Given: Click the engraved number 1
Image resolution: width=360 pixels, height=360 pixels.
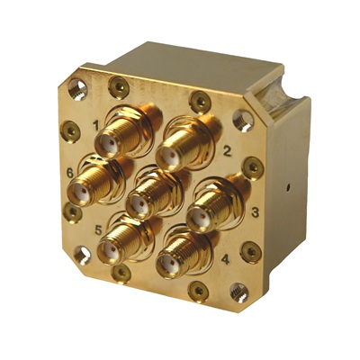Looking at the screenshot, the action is point(96,125).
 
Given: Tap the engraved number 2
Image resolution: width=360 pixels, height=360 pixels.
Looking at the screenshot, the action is point(227,151).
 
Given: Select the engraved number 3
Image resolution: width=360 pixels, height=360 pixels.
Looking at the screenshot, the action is point(255,212).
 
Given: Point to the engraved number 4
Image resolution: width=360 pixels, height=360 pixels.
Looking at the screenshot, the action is point(225,259).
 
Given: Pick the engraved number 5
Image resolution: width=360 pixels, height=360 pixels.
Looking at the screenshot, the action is point(99,230).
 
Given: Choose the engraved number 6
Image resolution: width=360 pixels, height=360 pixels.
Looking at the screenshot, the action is point(69,173).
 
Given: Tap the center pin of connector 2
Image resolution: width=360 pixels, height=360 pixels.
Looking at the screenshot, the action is point(172,156).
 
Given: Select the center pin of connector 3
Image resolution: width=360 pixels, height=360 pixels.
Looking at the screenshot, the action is point(202,216).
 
